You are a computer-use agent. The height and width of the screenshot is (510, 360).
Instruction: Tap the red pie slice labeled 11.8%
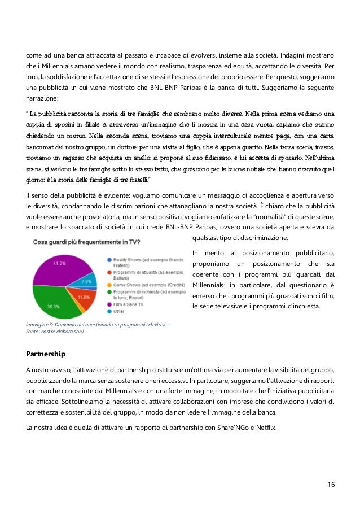click(83, 296)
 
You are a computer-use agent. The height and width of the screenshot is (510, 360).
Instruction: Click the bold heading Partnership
click(46, 354)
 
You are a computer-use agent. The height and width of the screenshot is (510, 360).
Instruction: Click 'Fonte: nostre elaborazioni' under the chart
click(55, 332)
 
